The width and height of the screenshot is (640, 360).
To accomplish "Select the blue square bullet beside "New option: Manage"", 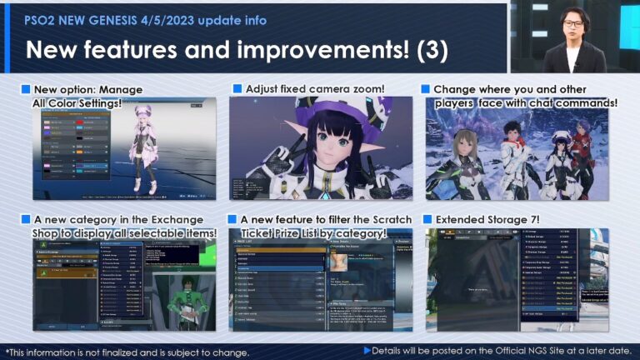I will (25, 89).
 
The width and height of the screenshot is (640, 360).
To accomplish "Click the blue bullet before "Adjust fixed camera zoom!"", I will (237, 88).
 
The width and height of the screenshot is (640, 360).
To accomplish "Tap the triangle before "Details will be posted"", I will (367, 350).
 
